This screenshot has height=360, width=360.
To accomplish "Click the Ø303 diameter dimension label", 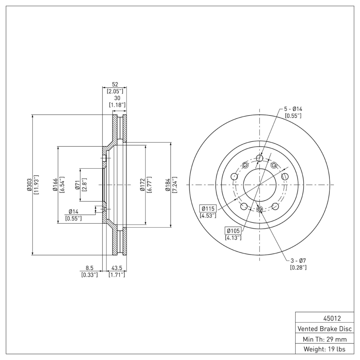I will tap(29, 184).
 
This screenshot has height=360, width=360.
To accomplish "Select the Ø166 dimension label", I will tap(54, 184).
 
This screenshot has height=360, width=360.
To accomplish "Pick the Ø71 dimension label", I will tap(77, 184).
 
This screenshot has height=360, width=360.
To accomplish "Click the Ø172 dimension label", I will tap(142, 184).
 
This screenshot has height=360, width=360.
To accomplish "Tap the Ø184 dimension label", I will tap(167, 184).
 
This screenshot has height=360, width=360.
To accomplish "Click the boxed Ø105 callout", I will tap(233, 231).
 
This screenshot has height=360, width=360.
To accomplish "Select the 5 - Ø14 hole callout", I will tap(292, 109).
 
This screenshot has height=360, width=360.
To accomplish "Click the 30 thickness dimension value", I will tap(117, 98).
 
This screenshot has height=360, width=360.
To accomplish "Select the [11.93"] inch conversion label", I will tap(36, 184).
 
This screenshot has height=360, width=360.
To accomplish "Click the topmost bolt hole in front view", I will tap(260, 157).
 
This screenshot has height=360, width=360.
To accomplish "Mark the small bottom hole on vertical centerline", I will tap(260, 209).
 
